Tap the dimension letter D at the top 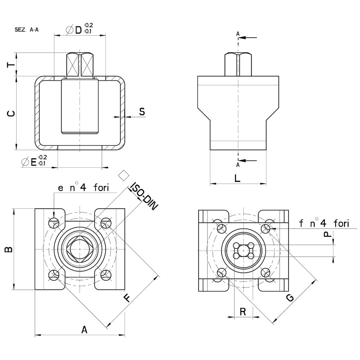(78, 30)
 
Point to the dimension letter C (11, 114)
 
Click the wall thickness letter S (142, 112)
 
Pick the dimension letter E (33, 162)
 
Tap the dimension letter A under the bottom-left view (84, 329)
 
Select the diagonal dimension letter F (127, 298)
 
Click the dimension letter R (243, 311)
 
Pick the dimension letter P (327, 234)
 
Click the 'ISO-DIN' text (144, 196)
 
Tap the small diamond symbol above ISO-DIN (123, 175)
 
